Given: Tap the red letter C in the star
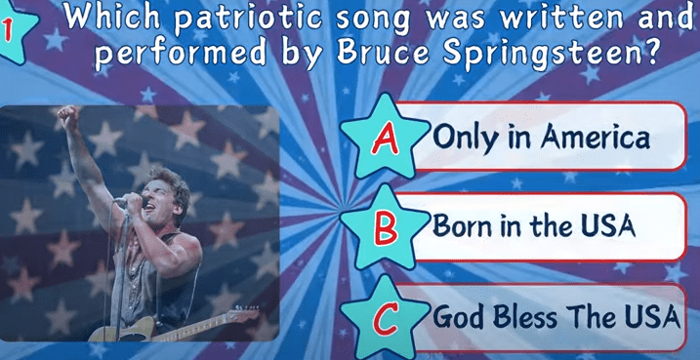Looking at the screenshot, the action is click(x=385, y=318).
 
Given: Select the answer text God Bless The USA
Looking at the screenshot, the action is click(x=556, y=317).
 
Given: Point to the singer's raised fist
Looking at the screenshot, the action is click(x=68, y=117).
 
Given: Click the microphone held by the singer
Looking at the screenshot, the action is click(x=131, y=201).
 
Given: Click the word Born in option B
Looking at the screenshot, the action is click(x=463, y=225).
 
